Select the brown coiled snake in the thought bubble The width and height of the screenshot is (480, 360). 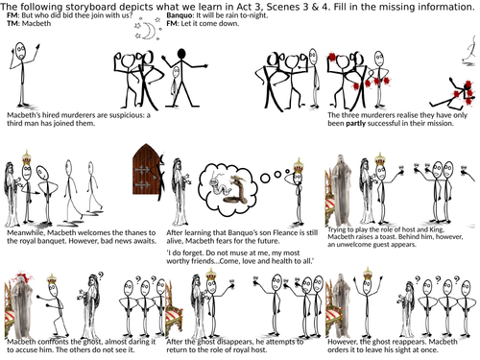(237, 190)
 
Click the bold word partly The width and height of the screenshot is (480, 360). (355, 124)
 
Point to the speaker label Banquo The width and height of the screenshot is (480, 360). (180, 15)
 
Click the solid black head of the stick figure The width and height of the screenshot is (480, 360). (181, 53)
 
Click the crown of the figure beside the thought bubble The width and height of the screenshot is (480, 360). (299, 165)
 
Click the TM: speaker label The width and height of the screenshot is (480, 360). (13, 23)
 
